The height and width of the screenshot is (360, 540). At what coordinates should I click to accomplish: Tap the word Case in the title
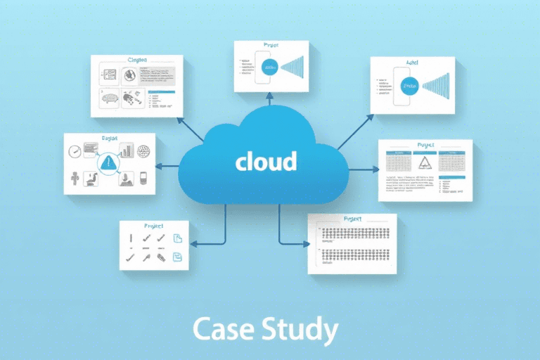pyautogui.click(x=224, y=329)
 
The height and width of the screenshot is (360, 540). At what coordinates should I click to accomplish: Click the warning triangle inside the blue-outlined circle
pyautogui.click(x=107, y=163)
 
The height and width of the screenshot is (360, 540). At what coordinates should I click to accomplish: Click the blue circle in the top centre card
pyautogui.click(x=271, y=67)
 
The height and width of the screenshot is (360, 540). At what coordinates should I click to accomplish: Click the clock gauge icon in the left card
pyautogui.click(x=75, y=150)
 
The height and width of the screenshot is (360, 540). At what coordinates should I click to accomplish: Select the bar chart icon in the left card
pyautogui.click(x=127, y=150)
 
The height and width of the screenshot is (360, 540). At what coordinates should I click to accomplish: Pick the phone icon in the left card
pyautogui.click(x=143, y=179)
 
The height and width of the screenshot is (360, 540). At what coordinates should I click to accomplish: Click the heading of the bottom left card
pyautogui.click(x=153, y=226)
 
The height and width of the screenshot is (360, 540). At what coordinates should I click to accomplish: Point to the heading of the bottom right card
pyautogui.click(x=352, y=219)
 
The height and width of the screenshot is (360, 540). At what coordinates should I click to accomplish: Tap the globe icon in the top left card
pyautogui.click(x=129, y=74)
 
